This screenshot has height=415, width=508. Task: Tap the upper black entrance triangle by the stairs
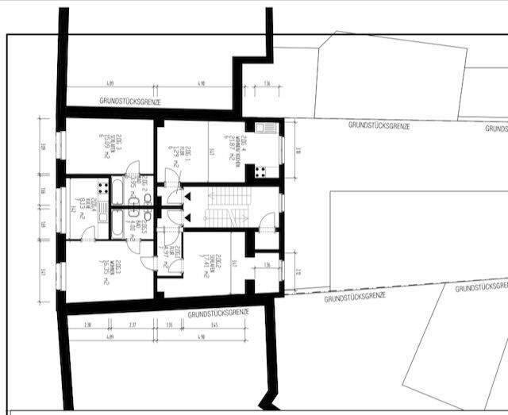click(x=188, y=194)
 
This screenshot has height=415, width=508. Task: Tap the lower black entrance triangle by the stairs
click(x=188, y=215)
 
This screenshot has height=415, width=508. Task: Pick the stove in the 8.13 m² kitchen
click(x=102, y=187)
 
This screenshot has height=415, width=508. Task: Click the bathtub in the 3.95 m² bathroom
click(x=119, y=191)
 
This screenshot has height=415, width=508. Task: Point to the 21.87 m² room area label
click(x=227, y=148)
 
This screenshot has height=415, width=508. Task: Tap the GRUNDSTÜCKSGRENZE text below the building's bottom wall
click(x=217, y=313)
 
